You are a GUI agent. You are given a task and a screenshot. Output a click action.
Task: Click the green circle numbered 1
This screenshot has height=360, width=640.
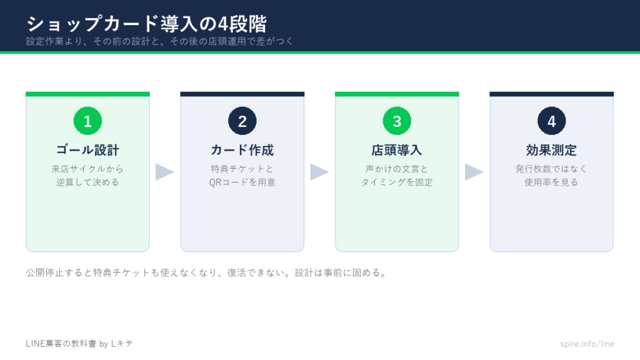tap(87, 121)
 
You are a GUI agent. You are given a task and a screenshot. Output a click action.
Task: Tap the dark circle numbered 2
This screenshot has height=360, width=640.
tap(242, 121)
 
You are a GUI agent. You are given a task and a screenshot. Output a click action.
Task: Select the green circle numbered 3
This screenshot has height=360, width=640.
tap(397, 121)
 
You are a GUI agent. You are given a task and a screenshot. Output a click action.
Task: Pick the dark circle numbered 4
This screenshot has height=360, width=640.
tap(552, 121)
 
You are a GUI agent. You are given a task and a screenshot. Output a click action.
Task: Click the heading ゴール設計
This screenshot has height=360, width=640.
tap(87, 150)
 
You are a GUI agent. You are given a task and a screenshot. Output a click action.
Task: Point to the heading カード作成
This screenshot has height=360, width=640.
tap(242, 150)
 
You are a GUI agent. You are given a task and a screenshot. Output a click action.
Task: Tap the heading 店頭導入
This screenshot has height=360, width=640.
tap(397, 150)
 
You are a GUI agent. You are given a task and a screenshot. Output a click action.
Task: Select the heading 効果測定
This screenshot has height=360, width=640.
tap(551, 150)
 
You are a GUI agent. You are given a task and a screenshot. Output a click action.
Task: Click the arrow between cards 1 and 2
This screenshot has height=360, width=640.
tap(164, 172)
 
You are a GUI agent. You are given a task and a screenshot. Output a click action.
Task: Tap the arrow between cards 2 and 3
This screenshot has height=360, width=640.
tap(319, 172)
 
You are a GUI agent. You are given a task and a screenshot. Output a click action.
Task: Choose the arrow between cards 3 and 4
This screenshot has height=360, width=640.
tap(474, 172)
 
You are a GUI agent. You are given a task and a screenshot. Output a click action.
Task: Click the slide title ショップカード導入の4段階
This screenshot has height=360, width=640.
tap(146, 24)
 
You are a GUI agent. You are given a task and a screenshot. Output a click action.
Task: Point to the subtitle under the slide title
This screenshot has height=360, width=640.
tap(159, 41)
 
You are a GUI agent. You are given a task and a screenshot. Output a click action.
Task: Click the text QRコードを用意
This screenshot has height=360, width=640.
tap(242, 182)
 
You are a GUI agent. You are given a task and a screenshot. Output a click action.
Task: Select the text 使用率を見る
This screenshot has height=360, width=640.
tap(551, 182)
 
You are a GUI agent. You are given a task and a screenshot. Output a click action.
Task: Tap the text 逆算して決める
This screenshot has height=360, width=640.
tap(87, 182)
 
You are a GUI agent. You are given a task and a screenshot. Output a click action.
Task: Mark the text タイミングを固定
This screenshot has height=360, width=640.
tap(397, 182)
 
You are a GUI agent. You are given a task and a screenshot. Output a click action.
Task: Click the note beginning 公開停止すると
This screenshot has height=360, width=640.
tap(206, 272)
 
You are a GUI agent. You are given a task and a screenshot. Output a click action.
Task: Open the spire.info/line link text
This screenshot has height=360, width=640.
tap(587, 344)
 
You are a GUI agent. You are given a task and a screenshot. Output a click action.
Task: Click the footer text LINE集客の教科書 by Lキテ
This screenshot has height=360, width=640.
tap(79, 344)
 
